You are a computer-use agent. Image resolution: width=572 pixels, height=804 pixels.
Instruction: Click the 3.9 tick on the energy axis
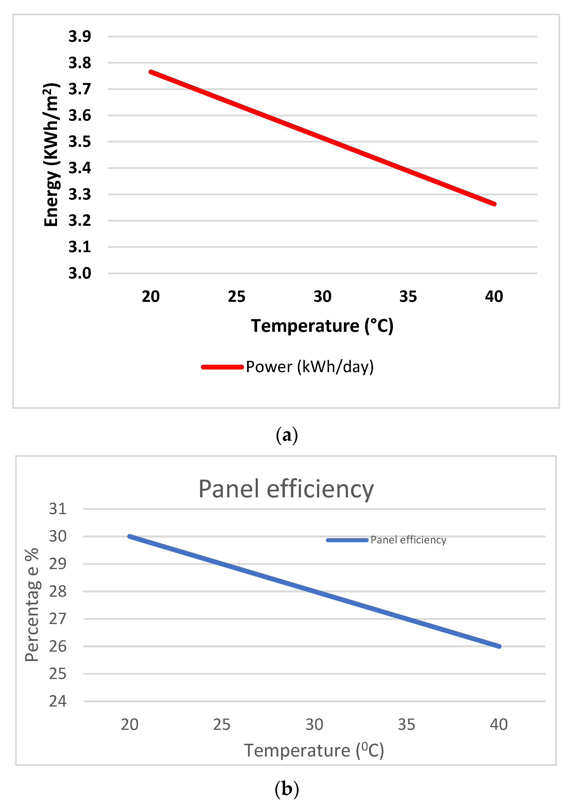80,36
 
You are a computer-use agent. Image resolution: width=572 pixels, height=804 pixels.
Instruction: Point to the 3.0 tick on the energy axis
80,273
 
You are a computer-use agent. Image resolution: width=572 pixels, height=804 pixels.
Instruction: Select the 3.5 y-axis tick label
80,142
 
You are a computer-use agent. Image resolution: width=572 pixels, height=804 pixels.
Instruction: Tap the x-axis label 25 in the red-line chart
236,297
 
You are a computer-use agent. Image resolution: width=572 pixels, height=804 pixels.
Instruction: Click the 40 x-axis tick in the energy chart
494,297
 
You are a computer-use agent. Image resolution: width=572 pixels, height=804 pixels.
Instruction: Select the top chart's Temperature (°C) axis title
322,326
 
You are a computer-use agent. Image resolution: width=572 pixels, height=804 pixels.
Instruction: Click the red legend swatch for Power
222,367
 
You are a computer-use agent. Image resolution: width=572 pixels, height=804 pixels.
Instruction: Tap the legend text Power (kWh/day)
310,367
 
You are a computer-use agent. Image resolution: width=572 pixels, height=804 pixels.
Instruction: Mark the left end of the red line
151,72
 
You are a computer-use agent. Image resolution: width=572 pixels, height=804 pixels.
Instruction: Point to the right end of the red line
495,204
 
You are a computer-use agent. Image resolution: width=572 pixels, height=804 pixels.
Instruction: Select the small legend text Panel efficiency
408,540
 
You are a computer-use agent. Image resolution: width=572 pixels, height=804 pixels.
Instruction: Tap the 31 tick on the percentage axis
58,509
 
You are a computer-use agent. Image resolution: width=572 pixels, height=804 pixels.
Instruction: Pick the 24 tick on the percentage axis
58,701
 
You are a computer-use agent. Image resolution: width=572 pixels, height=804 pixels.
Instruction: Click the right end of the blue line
499,646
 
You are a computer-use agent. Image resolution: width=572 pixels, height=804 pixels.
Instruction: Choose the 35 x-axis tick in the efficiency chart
406,725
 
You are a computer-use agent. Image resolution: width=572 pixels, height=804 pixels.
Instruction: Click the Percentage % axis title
32,605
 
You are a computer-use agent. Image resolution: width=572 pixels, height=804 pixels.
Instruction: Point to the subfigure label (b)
287,789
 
